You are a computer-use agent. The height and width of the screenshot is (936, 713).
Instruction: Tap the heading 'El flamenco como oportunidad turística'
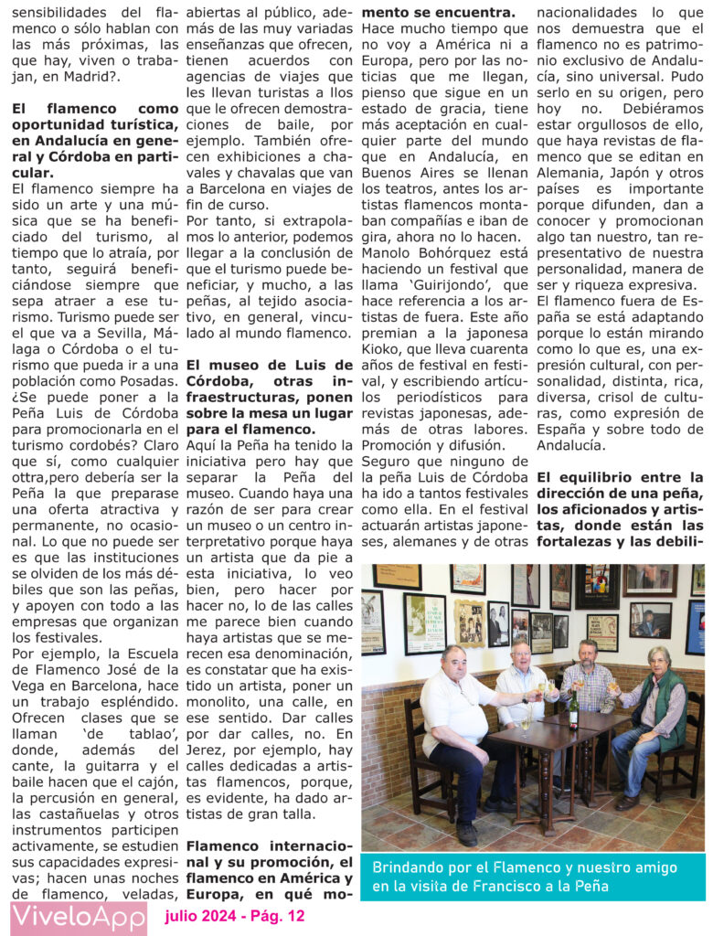tap(95, 116)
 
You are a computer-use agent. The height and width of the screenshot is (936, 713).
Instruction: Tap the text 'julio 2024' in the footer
tap(195, 915)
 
